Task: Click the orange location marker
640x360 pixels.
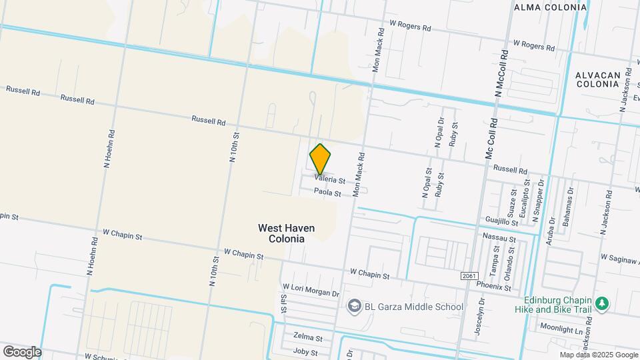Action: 320,159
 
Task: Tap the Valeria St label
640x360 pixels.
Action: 331,180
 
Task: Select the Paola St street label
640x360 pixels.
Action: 328,193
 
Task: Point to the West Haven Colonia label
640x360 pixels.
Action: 286,233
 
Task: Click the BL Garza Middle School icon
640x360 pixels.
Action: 353,307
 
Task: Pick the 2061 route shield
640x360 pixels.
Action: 469,275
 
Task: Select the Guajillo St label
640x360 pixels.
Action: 501,219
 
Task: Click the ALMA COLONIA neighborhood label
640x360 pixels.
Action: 551,7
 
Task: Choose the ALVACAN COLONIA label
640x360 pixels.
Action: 598,79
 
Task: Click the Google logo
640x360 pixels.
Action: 22,351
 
